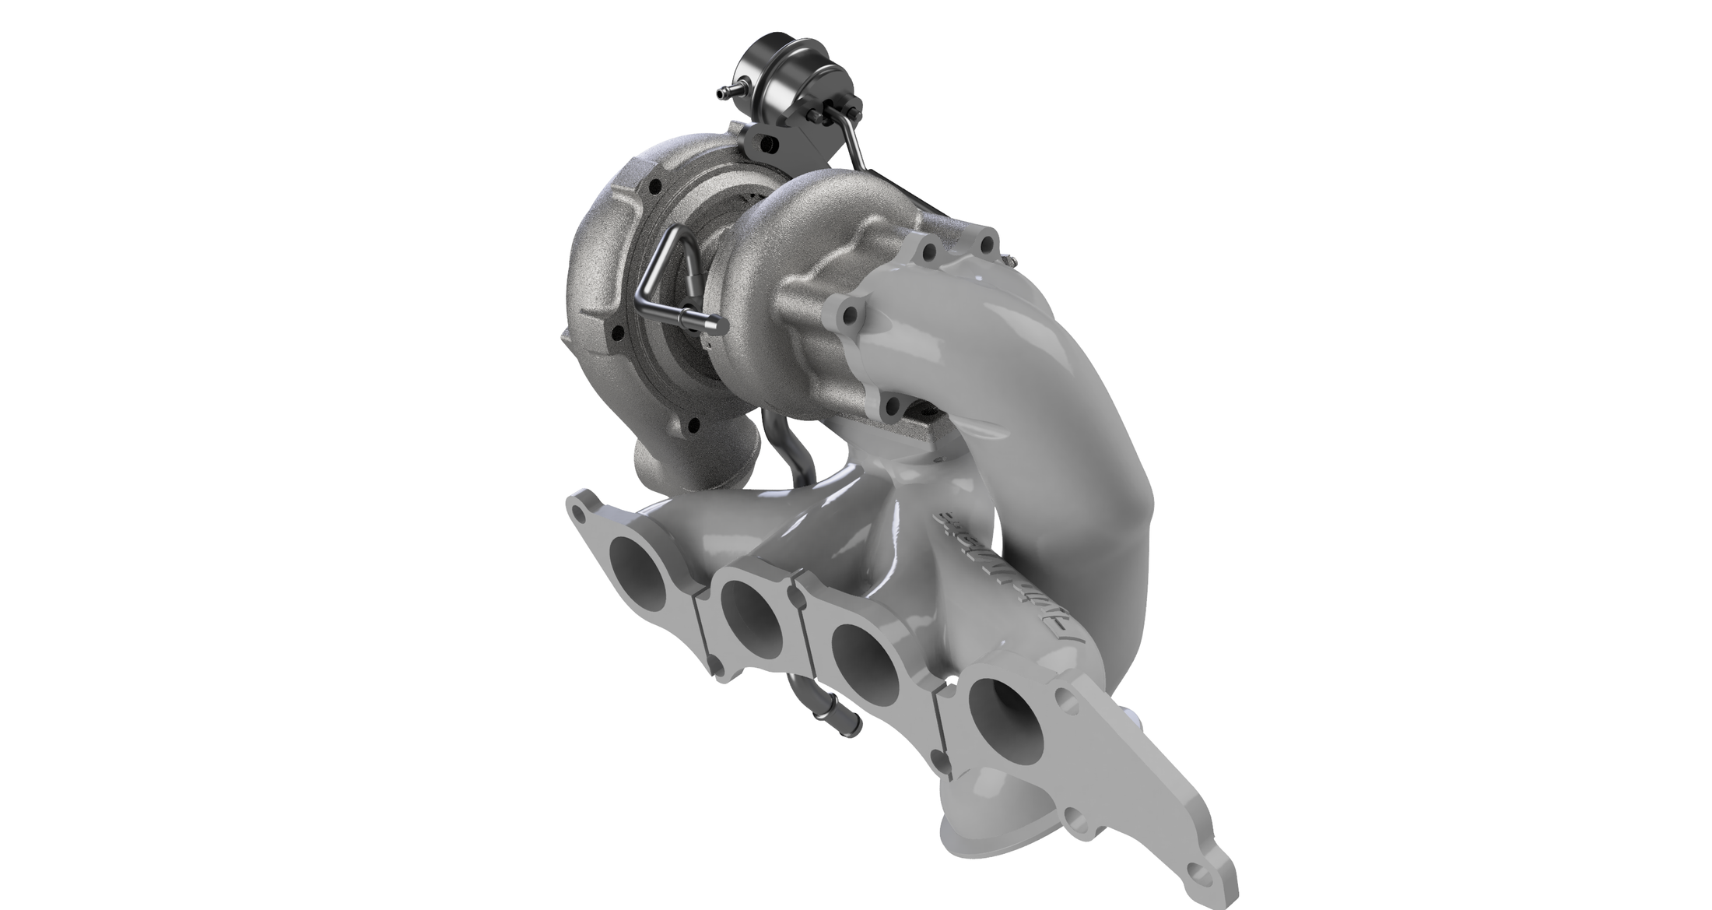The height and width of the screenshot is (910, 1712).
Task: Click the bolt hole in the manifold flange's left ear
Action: click(x=577, y=512)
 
